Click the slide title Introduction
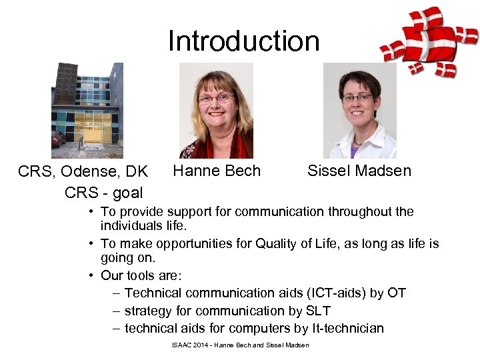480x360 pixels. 243,41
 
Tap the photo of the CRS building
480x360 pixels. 87,110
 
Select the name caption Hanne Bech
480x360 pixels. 217,171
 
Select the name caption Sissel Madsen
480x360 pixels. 359,171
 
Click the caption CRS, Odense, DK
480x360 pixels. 83,172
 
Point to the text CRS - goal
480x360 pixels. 103,193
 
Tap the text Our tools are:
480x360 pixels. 141,275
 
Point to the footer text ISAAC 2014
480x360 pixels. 191,345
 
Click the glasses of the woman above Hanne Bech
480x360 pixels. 215,99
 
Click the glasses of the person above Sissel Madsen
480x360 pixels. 358,98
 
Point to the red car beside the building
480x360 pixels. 58,139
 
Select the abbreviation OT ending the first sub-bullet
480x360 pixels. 397,293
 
